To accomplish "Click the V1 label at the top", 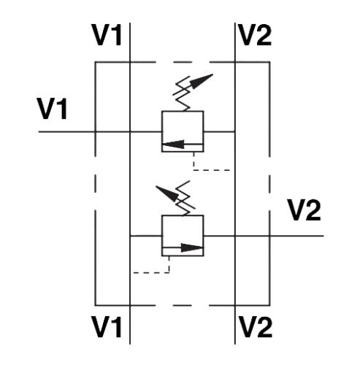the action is (x=107, y=35).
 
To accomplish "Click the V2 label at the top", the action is (x=255, y=35).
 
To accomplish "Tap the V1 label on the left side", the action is (x=52, y=108).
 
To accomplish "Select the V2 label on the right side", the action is (x=304, y=210).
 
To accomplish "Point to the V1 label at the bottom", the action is (x=107, y=326).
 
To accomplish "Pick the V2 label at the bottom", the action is (x=255, y=326).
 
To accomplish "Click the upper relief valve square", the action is (x=183, y=111).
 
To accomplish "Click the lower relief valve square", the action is (x=183, y=215).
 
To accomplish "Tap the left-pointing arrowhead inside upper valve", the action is (x=173, y=145).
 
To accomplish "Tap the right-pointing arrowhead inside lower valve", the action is (x=192, y=248).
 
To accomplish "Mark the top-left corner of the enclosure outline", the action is (x=96, y=62).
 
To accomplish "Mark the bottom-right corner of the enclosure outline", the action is (x=269, y=305).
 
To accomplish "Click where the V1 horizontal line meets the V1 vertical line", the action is (x=130, y=132).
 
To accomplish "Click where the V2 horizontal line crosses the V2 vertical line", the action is (x=235, y=236).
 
